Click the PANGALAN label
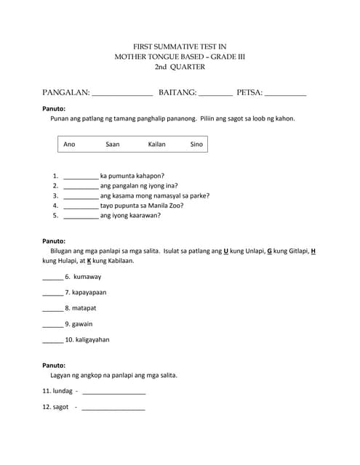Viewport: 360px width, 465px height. coord(66,92)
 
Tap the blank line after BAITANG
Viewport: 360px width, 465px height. coord(216,94)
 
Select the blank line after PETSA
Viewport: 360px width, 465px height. coord(285,94)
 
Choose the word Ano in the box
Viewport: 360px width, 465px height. coord(69,144)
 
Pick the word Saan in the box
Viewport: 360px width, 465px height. coord(113,144)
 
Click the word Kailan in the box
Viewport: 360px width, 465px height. coord(156,144)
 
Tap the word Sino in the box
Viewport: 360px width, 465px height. coord(196,144)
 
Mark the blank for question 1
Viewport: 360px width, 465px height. coord(81,177)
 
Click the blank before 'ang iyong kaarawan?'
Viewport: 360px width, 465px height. coord(81,216)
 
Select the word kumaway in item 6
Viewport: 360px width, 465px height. coord(87,277)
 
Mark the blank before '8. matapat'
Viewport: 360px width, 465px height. coord(52,309)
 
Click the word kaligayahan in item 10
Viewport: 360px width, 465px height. coord(92,339)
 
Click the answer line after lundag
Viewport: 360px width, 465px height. coord(114,392)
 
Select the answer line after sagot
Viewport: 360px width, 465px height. coord(113,408)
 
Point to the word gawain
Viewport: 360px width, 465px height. coord(82,324)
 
